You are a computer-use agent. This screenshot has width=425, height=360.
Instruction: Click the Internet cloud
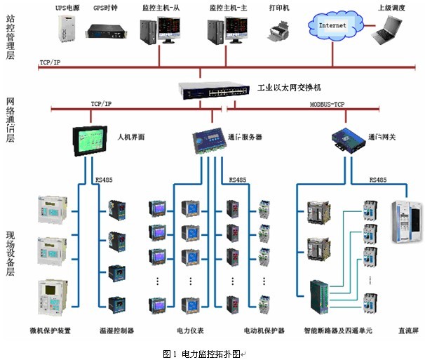click(x=333, y=26)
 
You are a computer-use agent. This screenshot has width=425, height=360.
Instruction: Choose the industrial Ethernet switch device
click(x=216, y=89)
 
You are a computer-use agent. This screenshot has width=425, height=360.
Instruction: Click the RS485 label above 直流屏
click(x=378, y=180)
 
